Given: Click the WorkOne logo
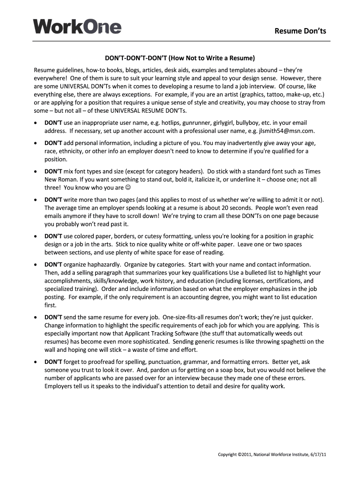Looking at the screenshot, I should (77, 26).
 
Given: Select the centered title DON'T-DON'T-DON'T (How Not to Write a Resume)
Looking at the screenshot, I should (180, 58).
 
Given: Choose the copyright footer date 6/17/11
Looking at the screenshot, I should (317, 455).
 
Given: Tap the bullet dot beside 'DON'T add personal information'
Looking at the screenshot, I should (36, 143).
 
